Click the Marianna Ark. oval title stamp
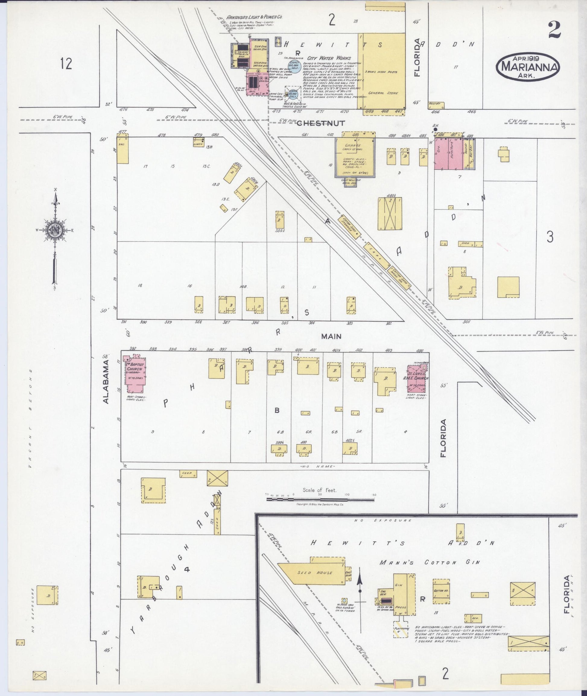(528, 67)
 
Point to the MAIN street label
(331, 336)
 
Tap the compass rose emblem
(54, 229)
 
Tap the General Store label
(383, 93)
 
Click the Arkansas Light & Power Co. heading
(254, 17)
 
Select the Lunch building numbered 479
(198, 142)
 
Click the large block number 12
(66, 63)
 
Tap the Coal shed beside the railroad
(377, 255)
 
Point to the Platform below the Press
(401, 628)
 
